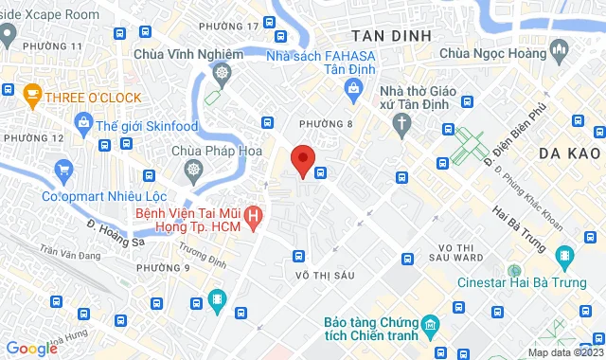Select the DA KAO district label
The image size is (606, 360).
pyautogui.click(x=570, y=153)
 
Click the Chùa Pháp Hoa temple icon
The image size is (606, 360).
pyautogui.click(x=194, y=170)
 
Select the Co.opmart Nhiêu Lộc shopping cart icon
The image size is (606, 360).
pyautogui.click(x=64, y=171)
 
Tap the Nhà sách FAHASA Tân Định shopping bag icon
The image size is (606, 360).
pyautogui.click(x=353, y=89)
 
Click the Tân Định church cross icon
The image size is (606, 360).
pyautogui.click(x=402, y=123)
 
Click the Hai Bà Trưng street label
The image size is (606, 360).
pyautogui.click(x=520, y=228)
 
